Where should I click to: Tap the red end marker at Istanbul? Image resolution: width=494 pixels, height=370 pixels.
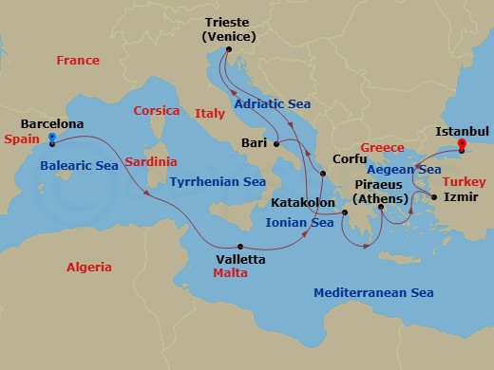pos(462,145)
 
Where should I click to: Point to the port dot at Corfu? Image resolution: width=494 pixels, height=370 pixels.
pos(323,174)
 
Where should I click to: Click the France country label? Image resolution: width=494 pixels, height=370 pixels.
pos(78,60)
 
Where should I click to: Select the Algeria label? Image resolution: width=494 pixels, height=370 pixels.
pos(88,268)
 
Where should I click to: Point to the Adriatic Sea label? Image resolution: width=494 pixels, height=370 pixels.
pos(275,102)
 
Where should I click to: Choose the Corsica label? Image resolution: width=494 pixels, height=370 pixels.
pos(157,110)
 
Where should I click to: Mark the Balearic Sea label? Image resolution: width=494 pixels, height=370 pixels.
pos(79,166)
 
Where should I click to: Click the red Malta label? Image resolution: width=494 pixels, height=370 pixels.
pos(230,272)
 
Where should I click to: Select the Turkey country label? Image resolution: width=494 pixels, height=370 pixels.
pos(466,179)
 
